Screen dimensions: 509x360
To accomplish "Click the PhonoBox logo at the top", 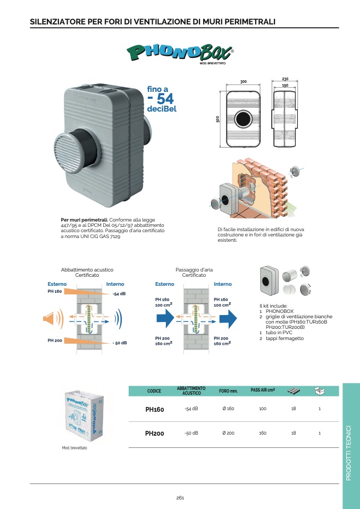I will point(180,52).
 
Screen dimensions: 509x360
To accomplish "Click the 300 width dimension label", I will point(244,82).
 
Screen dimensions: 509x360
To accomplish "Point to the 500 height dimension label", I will point(218,120).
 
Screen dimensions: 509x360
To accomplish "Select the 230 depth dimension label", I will point(285,79).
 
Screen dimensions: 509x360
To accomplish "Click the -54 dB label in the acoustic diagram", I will point(119,294).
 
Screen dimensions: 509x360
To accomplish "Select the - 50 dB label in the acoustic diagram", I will point(120,343).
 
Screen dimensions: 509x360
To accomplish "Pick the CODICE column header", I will point(154,391).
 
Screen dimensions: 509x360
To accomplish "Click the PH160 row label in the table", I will point(154,410).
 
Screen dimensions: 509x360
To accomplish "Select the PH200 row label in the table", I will point(154,434).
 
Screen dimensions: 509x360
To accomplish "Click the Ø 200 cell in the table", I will point(228,434).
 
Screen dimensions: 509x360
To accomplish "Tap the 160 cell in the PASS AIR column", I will point(262,434).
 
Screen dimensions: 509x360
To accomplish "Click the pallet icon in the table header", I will point(294,391).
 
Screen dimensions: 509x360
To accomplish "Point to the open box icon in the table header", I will point(319,391).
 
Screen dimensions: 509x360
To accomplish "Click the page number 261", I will point(180,497).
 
